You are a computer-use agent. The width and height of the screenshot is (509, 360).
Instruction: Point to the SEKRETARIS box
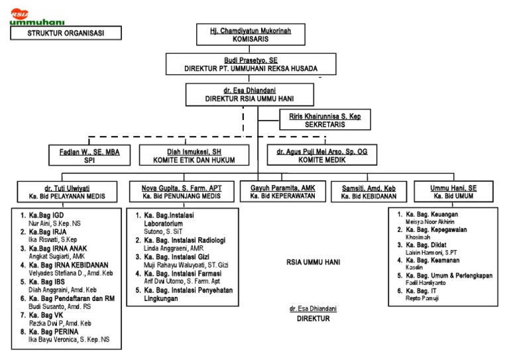click(x=322, y=120)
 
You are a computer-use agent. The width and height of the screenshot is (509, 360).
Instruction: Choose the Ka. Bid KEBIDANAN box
click(x=368, y=192)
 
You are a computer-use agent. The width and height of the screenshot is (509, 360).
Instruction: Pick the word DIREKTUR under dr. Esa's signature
click(x=313, y=318)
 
